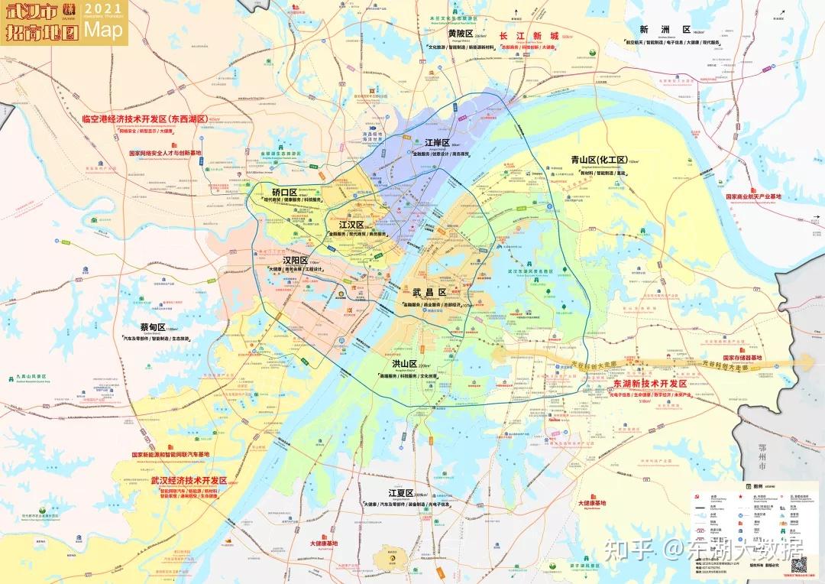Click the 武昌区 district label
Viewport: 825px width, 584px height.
(x=429, y=293)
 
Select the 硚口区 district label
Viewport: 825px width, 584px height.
(x=284, y=191)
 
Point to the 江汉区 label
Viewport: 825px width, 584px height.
(x=351, y=225)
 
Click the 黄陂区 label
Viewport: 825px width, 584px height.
(x=461, y=34)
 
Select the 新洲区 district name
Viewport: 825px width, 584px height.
(x=655, y=30)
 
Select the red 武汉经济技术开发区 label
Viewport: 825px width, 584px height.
(x=189, y=480)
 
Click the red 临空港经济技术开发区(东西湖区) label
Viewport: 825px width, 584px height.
(x=145, y=119)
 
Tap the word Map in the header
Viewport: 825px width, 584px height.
(x=103, y=30)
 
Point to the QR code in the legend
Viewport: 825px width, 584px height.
(x=798, y=566)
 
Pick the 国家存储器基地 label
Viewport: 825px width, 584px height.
(x=742, y=357)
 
